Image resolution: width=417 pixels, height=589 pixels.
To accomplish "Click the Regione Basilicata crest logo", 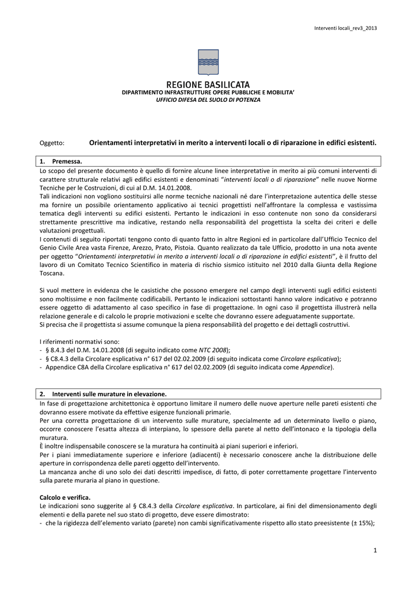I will [208, 63].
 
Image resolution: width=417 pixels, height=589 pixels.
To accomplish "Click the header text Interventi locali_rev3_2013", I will [345, 28].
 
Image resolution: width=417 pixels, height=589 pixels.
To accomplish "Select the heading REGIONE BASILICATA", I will [208, 85].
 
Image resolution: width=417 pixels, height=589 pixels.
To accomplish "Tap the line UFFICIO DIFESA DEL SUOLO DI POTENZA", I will [208, 100].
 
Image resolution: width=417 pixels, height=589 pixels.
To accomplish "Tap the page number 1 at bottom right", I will [374, 552].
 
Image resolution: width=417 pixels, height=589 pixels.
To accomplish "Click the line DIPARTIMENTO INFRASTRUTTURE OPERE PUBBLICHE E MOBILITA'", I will [208, 93].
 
